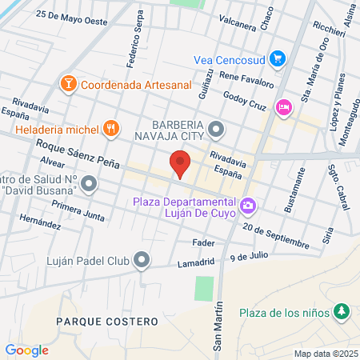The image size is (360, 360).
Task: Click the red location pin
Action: [181, 166]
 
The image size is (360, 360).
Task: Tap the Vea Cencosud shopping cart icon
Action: [278, 58]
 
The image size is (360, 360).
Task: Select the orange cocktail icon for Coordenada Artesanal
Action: [69, 82]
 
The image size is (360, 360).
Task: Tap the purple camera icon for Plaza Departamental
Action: [248, 206]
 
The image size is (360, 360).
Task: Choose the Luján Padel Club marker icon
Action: [142, 259]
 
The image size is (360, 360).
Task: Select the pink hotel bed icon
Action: [282, 107]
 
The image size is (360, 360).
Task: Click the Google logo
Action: [26, 350]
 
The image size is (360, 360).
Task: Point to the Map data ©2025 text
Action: [324, 354]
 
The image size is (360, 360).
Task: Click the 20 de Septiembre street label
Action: [276, 234]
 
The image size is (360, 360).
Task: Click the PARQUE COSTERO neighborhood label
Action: [94, 320]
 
